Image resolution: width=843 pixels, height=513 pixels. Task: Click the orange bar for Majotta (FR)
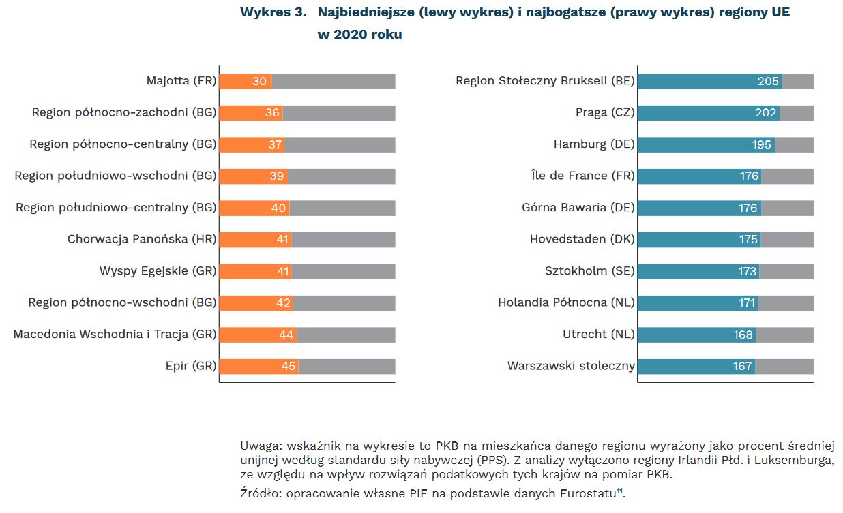246,81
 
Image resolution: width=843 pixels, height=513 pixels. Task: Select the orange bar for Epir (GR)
258,366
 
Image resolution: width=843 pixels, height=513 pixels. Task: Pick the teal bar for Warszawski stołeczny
696,366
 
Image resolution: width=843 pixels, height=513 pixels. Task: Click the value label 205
768,81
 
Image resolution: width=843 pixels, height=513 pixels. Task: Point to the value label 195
761,144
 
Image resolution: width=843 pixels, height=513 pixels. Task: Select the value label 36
272,112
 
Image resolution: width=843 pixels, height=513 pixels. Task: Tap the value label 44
286,335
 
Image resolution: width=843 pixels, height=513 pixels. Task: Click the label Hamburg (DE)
593,144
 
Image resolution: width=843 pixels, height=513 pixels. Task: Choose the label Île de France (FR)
582,176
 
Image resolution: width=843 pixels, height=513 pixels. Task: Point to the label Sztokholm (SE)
589,271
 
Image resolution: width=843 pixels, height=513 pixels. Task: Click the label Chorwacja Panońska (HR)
142,239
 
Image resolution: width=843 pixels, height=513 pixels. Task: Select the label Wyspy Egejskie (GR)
158,271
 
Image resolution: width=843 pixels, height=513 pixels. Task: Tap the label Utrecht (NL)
598,335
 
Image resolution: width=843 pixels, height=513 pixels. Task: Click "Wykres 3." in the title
272,13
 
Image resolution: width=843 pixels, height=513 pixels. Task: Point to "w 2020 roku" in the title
359,35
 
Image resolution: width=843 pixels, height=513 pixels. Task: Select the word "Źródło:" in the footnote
263,493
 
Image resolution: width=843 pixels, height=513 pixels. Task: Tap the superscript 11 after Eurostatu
619,490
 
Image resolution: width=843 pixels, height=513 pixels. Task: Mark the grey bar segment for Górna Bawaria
787,208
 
